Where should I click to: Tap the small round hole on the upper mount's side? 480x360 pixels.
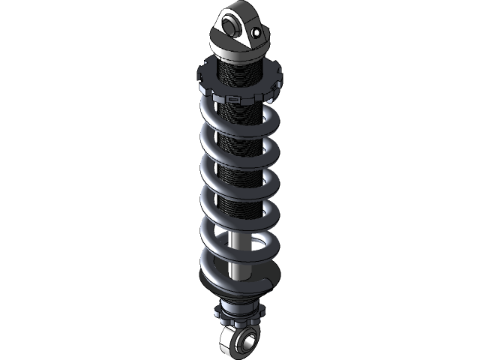tap(257, 34)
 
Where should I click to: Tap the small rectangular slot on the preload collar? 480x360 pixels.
tap(233, 97)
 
